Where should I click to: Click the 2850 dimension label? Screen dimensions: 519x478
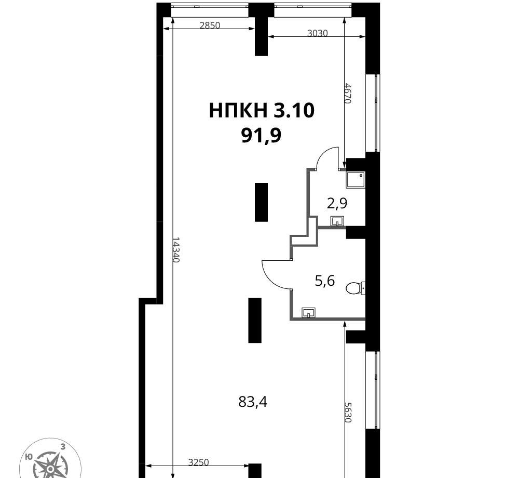coord(210,25)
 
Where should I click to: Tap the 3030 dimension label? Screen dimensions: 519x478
coord(318,33)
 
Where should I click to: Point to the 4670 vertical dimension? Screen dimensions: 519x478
coord(347,94)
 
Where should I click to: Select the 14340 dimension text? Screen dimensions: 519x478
coord(176,249)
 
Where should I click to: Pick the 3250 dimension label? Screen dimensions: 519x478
coord(199,462)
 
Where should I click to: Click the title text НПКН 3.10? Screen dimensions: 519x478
coord(262,110)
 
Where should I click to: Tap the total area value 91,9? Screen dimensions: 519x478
coord(261,135)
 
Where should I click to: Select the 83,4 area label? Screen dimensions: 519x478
coord(253,402)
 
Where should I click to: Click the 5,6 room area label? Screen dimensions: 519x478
coord(325,281)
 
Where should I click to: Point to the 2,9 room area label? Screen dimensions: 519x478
coord(337,203)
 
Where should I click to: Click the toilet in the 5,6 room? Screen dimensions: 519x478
coord(356,288)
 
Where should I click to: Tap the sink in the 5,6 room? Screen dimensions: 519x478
coord(308,312)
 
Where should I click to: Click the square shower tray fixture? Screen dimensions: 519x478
coord(356,180)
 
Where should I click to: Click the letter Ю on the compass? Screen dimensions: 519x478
coord(29,457)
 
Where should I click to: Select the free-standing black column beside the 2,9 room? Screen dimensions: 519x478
coord(261,202)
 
